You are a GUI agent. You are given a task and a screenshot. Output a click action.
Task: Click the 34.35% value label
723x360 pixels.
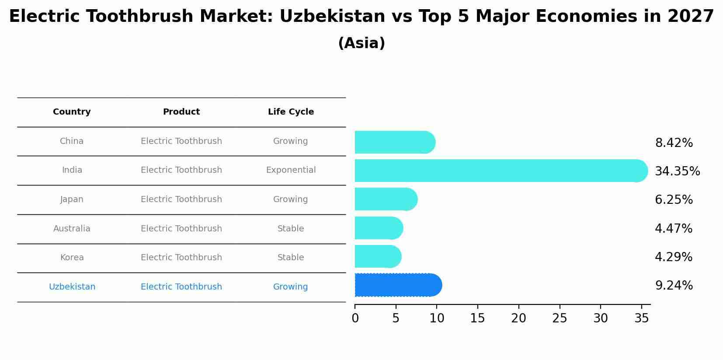[677, 171]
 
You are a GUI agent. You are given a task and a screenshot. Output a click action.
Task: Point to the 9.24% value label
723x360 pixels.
[674, 286]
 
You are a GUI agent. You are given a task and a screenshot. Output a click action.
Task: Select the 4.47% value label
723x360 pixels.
[673, 228]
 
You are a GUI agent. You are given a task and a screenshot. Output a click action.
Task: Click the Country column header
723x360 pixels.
[72, 112]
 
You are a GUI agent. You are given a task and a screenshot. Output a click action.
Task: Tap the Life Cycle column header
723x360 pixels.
[291, 112]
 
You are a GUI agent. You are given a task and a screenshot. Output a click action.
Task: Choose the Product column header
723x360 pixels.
[181, 112]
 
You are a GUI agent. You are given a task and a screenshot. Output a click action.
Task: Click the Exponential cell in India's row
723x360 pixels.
[291, 170]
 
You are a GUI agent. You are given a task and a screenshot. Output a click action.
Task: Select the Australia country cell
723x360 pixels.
[72, 229]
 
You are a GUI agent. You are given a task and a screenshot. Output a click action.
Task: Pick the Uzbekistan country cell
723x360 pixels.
[72, 287]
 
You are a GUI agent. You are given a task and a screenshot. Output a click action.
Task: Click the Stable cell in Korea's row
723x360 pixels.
[290, 258]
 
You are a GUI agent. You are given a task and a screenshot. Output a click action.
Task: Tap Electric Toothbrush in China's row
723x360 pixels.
[181, 141]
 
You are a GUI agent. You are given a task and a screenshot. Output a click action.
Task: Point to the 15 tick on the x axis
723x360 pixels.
[477, 318]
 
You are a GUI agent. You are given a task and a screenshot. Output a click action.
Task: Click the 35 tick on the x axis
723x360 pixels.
[641, 318]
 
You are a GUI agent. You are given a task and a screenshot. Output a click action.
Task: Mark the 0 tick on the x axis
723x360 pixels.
[355, 318]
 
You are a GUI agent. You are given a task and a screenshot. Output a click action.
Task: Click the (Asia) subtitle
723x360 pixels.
[361, 43]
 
